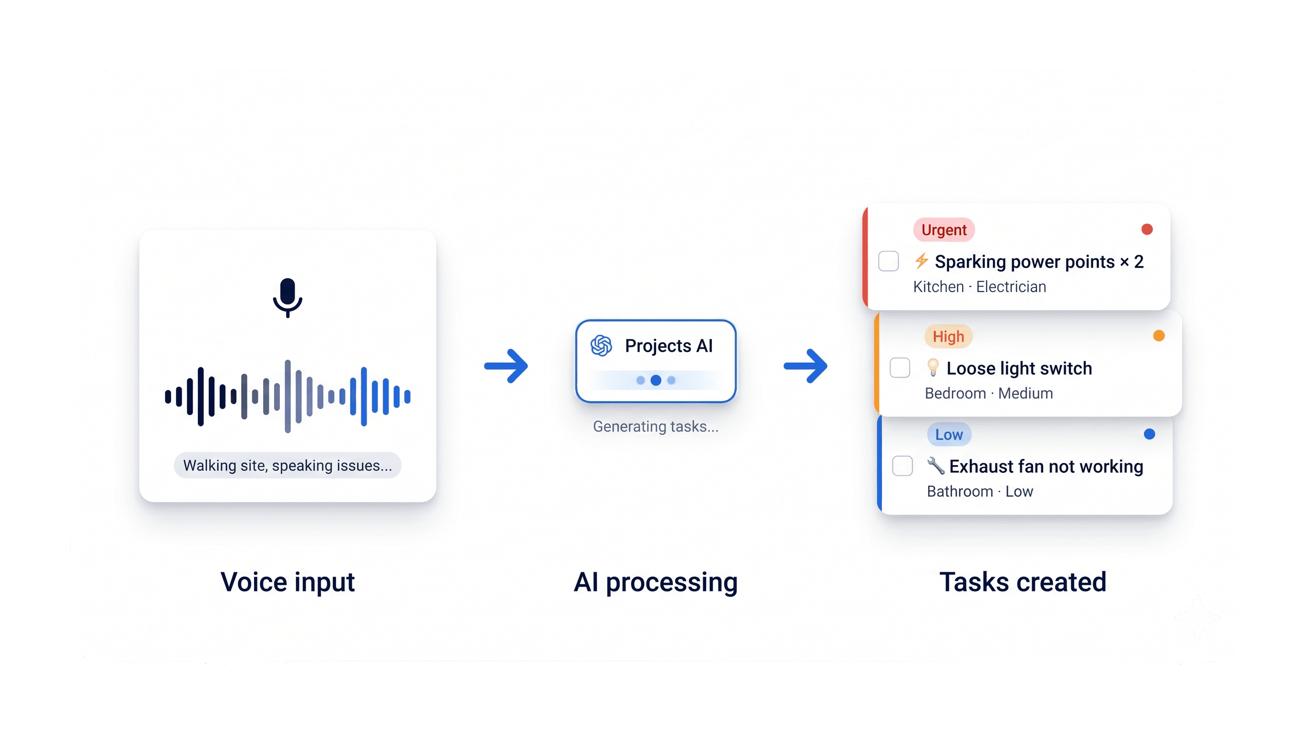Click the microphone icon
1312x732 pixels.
pyautogui.click(x=287, y=297)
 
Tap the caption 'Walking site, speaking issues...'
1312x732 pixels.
pyautogui.click(x=287, y=465)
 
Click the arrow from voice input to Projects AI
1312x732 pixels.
pyautogui.click(x=506, y=366)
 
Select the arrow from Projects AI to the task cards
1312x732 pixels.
pyautogui.click(x=805, y=366)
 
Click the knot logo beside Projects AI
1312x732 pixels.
pyautogui.click(x=601, y=346)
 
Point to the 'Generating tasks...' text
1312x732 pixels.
pyautogui.click(x=656, y=426)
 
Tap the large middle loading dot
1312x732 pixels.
pyautogui.click(x=656, y=380)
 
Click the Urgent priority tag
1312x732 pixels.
pyautogui.click(x=944, y=230)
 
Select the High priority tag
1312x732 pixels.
pyautogui.click(x=948, y=336)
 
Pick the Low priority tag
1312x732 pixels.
pyautogui.click(x=949, y=435)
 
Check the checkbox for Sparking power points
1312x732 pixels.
pyautogui.click(x=888, y=261)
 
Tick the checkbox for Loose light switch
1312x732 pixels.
pyautogui.click(x=900, y=367)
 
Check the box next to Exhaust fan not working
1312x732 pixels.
pyautogui.click(x=902, y=466)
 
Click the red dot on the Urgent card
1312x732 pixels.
pyautogui.click(x=1147, y=230)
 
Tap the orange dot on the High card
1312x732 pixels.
pyautogui.click(x=1158, y=336)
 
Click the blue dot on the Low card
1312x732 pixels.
pyautogui.click(x=1149, y=434)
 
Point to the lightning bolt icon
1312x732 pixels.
pyautogui.click(x=922, y=261)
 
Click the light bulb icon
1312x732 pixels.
pyautogui.click(x=933, y=367)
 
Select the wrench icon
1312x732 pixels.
pyautogui.click(x=936, y=465)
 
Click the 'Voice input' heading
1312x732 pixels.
pyautogui.click(x=287, y=582)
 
